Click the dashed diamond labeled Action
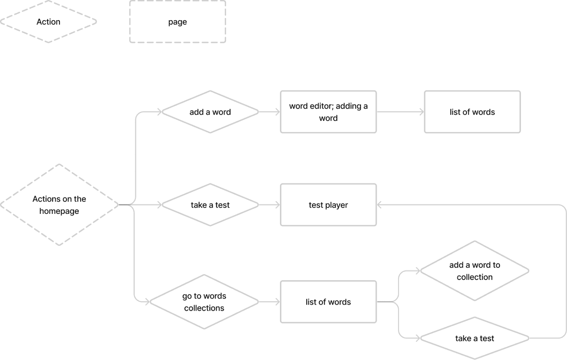pos(48,22)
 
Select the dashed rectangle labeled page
pos(177,22)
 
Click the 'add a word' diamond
pos(210,112)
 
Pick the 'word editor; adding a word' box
pos(328,112)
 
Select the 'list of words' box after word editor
pos(472,112)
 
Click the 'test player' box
pos(328,205)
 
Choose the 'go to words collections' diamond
pos(204,302)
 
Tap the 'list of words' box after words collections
pos(328,302)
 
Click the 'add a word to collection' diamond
pos(475,271)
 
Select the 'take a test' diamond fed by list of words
pos(475,338)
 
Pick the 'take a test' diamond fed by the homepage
pos(210,205)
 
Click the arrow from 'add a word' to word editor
pos(269,112)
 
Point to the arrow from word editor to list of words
pos(400,112)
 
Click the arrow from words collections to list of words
pos(269,302)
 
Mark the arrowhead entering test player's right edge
pos(379,205)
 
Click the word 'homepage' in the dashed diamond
pos(59,211)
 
